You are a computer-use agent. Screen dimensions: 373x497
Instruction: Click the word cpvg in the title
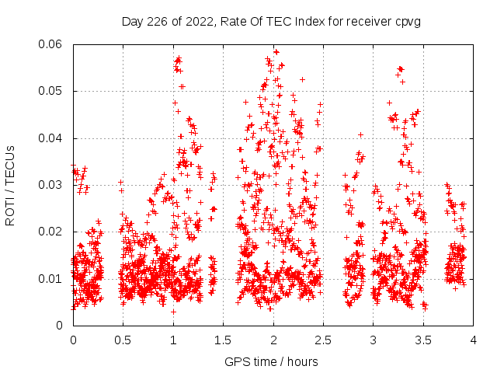[x=408, y=22]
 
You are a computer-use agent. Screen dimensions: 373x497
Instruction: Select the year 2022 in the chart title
[x=198, y=22]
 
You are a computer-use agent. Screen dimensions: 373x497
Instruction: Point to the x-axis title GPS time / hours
[x=271, y=361]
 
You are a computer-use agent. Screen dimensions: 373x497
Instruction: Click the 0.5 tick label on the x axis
[x=123, y=340]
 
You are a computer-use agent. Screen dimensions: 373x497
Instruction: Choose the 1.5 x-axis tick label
[x=223, y=340]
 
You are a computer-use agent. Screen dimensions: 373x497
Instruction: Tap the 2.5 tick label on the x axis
[x=323, y=340]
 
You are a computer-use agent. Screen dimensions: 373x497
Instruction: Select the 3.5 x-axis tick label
[x=423, y=340]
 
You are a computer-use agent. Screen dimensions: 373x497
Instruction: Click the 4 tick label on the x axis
[x=474, y=340]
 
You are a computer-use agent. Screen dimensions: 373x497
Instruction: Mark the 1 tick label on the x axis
[x=173, y=340]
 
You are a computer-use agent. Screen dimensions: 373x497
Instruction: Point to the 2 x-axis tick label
[x=273, y=340]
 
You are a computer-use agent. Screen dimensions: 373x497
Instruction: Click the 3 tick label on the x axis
[x=374, y=340]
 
